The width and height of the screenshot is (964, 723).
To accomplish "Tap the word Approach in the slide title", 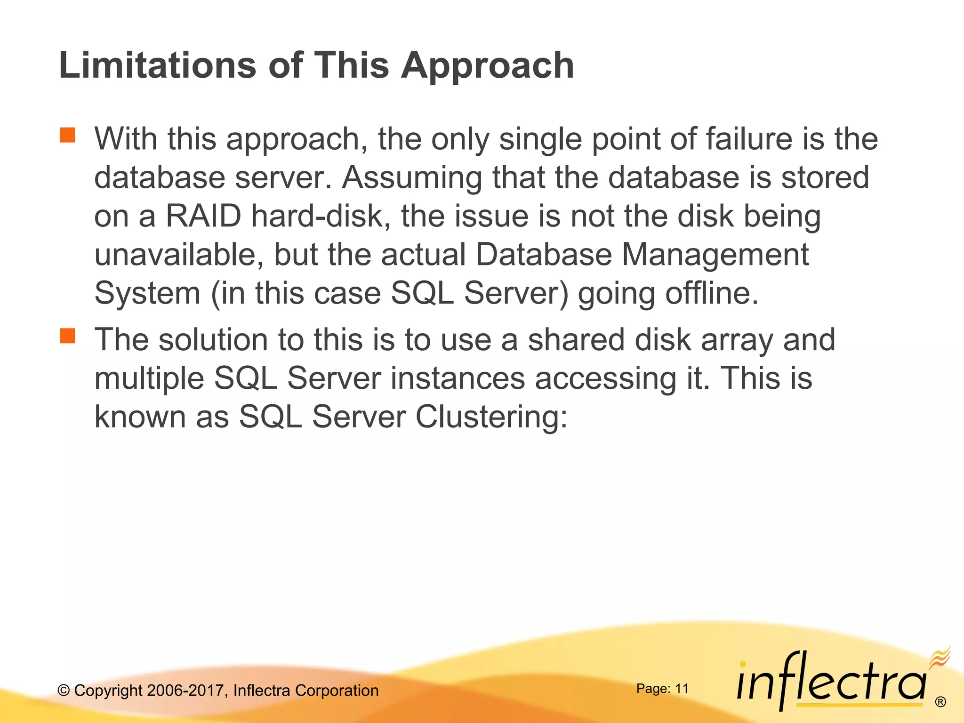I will tap(487, 66).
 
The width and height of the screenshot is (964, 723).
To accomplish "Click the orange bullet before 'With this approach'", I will tap(68, 135).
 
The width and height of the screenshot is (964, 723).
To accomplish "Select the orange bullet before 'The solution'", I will tap(68, 336).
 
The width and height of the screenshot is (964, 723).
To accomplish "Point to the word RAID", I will tap(203, 216).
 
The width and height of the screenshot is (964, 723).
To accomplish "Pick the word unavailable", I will tap(178, 255).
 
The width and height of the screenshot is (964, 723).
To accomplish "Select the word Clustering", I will tap(491, 417).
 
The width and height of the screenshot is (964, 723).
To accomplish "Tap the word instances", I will tap(458, 378).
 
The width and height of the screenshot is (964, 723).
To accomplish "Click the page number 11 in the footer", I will tap(682, 689).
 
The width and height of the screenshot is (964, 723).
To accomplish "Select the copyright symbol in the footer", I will tap(64, 691).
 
